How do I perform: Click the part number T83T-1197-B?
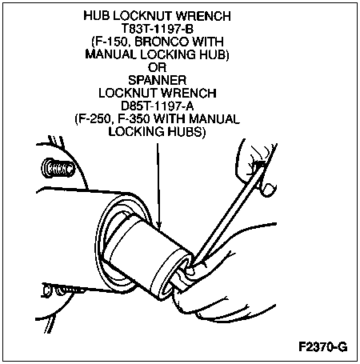click(158, 29)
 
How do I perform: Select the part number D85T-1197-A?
click(158, 106)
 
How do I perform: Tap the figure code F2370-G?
click(323, 347)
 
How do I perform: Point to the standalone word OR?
click(158, 67)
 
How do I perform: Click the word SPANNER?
click(158, 80)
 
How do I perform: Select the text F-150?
click(110, 42)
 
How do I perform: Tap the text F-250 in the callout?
click(94, 119)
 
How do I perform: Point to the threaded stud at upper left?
click(58, 168)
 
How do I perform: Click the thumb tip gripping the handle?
click(268, 189)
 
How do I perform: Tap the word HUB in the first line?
click(97, 16)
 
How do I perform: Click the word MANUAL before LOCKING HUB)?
click(111, 54)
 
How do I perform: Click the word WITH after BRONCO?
click(208, 42)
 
